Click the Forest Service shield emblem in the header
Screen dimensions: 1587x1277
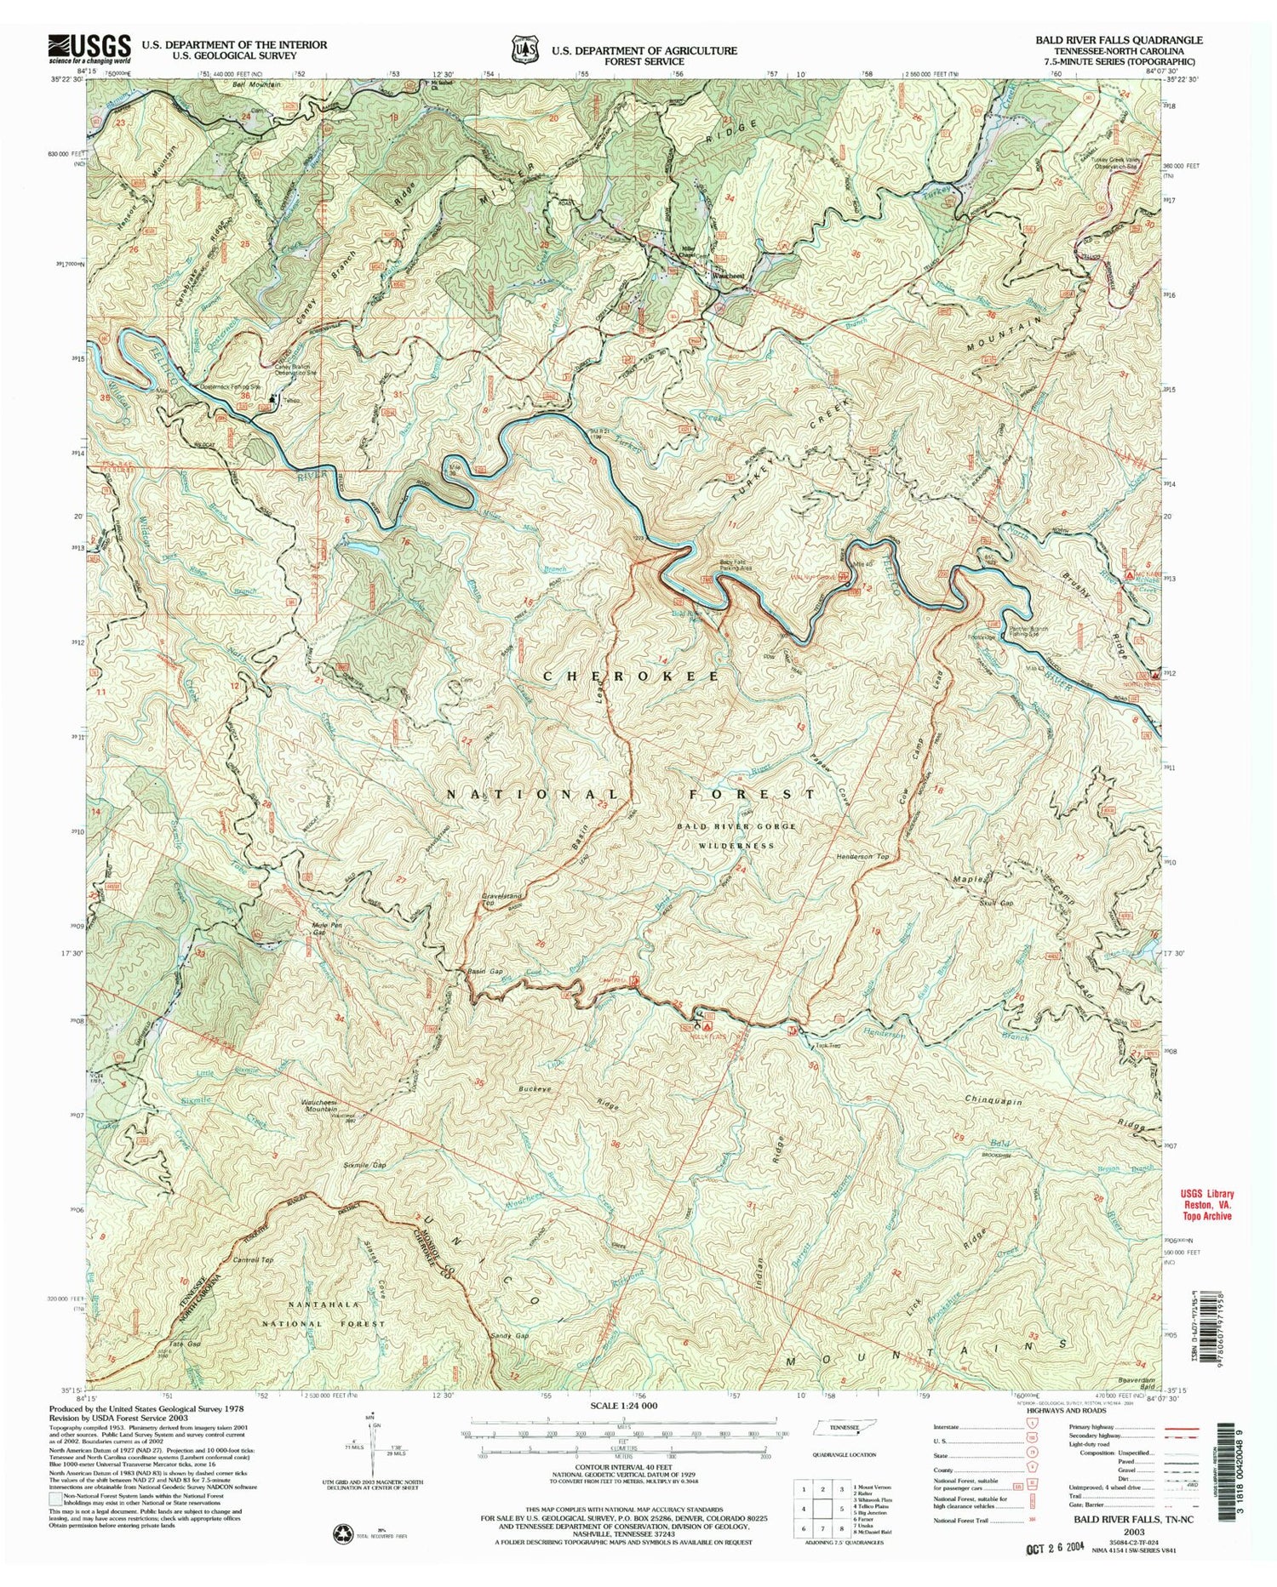[524, 49]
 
